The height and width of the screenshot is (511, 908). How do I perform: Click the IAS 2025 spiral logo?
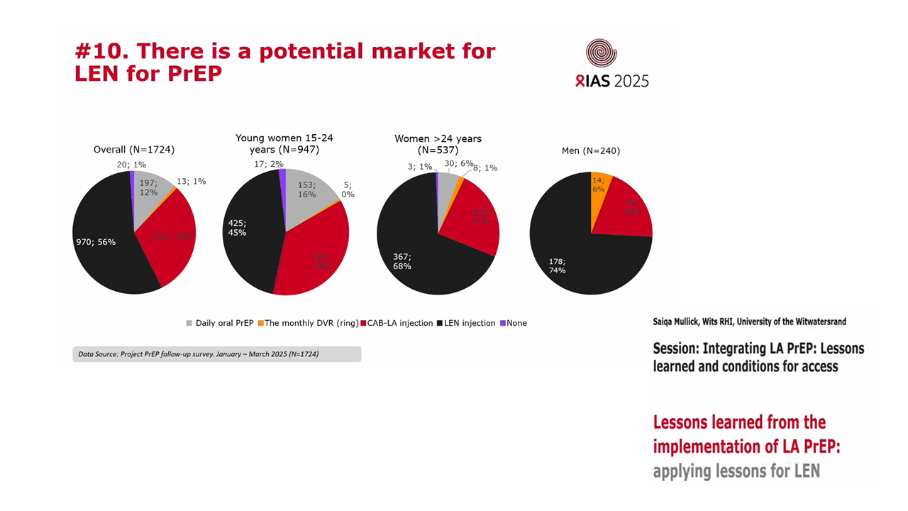coord(601,54)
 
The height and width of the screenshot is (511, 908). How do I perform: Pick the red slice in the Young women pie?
coord(316,255)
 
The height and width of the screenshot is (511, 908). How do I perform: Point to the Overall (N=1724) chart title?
coord(134,150)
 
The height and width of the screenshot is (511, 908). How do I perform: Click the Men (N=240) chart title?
coord(590,150)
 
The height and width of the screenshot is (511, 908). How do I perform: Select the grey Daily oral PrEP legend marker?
coord(189,324)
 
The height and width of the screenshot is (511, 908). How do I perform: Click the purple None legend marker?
coord(503,324)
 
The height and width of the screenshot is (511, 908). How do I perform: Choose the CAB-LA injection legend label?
coord(400,323)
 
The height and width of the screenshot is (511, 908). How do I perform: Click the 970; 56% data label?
coord(96,242)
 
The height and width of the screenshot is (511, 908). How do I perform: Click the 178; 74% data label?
coord(557,265)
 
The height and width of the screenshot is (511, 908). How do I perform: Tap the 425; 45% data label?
coord(237,227)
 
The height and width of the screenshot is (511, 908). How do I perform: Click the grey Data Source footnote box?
coord(216,354)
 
